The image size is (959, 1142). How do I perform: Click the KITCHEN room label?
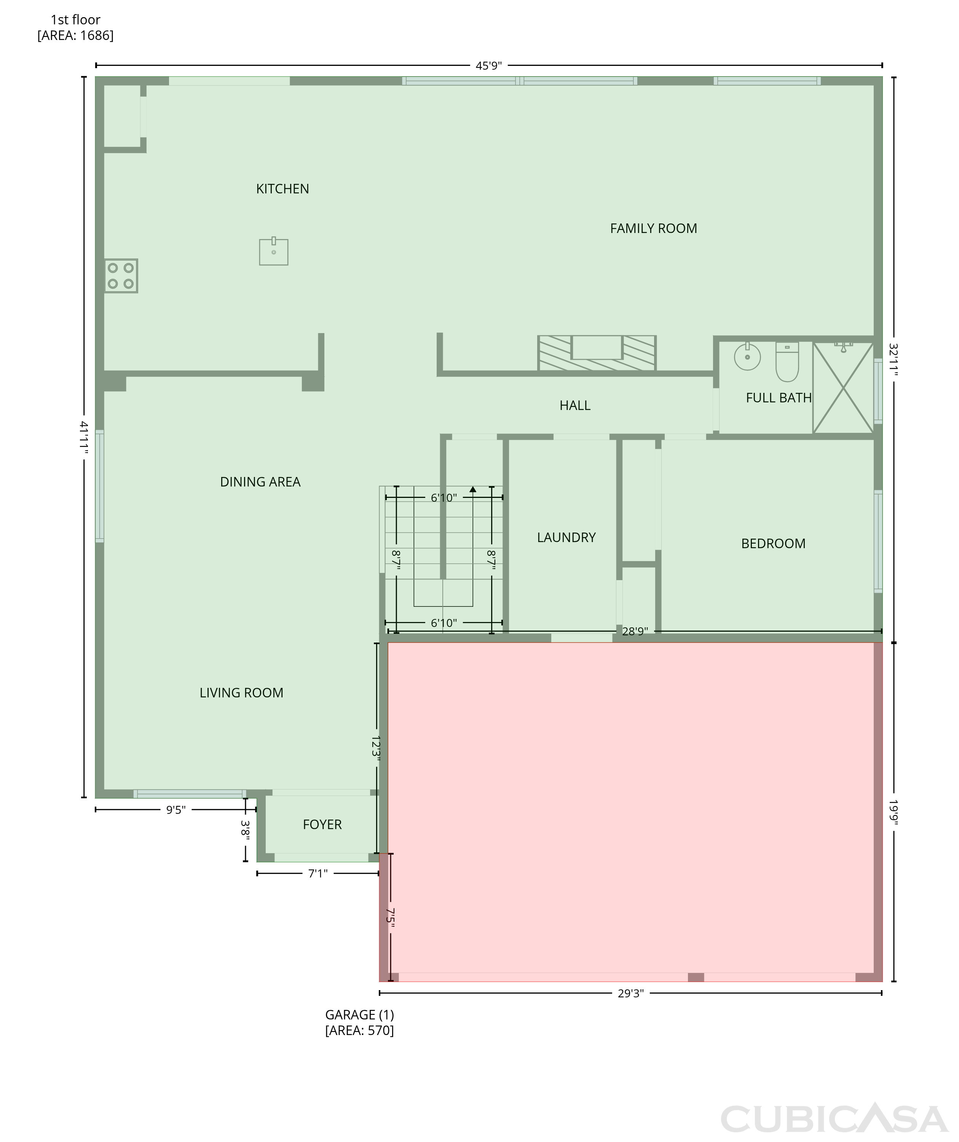tap(282, 189)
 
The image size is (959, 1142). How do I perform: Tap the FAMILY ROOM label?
tap(653, 228)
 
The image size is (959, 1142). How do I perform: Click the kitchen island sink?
tap(274, 251)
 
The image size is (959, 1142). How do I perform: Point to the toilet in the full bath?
tap(787, 362)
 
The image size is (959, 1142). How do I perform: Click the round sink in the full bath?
tap(747, 356)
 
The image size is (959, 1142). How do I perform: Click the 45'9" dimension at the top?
tap(488, 66)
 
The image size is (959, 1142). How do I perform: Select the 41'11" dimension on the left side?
tap(84, 437)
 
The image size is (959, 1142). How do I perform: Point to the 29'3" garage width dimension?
tap(630, 994)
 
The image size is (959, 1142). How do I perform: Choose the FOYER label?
tap(322, 825)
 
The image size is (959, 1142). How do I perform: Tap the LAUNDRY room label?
tap(566, 537)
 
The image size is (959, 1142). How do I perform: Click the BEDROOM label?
tap(773, 543)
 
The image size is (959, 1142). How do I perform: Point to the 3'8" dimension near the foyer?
tap(245, 830)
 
